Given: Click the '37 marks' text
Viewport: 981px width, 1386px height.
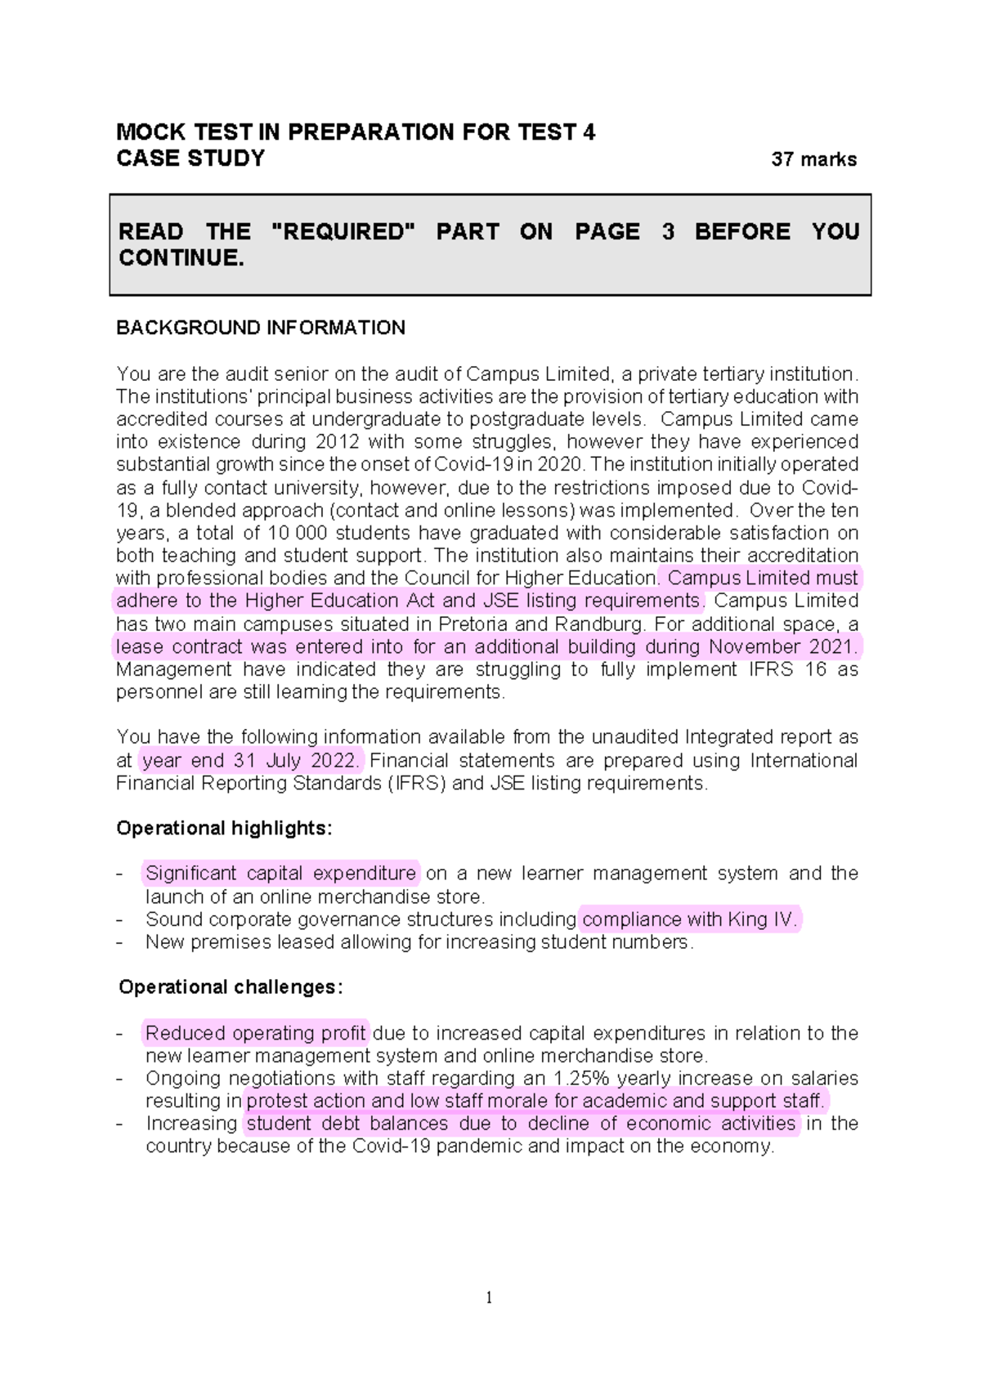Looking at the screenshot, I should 813,159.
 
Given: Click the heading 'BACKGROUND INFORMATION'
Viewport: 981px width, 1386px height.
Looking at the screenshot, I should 260,328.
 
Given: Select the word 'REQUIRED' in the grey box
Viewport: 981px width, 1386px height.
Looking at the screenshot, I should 343,232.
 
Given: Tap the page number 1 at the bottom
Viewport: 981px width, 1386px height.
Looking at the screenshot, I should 489,1298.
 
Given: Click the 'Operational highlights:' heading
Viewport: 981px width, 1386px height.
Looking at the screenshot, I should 224,828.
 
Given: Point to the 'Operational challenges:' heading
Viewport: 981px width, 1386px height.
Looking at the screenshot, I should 231,987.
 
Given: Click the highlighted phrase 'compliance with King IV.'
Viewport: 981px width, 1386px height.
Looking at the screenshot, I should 689,919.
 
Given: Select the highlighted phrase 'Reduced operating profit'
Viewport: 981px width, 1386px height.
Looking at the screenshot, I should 255,1033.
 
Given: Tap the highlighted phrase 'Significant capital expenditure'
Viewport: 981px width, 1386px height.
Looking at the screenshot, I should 280,874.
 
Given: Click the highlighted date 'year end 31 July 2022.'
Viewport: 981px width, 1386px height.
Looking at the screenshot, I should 249,761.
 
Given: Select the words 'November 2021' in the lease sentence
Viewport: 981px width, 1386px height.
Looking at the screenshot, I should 782,647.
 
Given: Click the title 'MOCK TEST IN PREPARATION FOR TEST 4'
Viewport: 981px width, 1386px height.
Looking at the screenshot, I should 356,132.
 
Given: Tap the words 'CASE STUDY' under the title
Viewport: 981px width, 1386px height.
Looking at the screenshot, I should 190,159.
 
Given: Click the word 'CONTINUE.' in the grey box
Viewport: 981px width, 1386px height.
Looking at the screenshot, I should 181,258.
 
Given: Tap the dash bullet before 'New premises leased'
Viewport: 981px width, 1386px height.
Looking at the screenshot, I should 120,942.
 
